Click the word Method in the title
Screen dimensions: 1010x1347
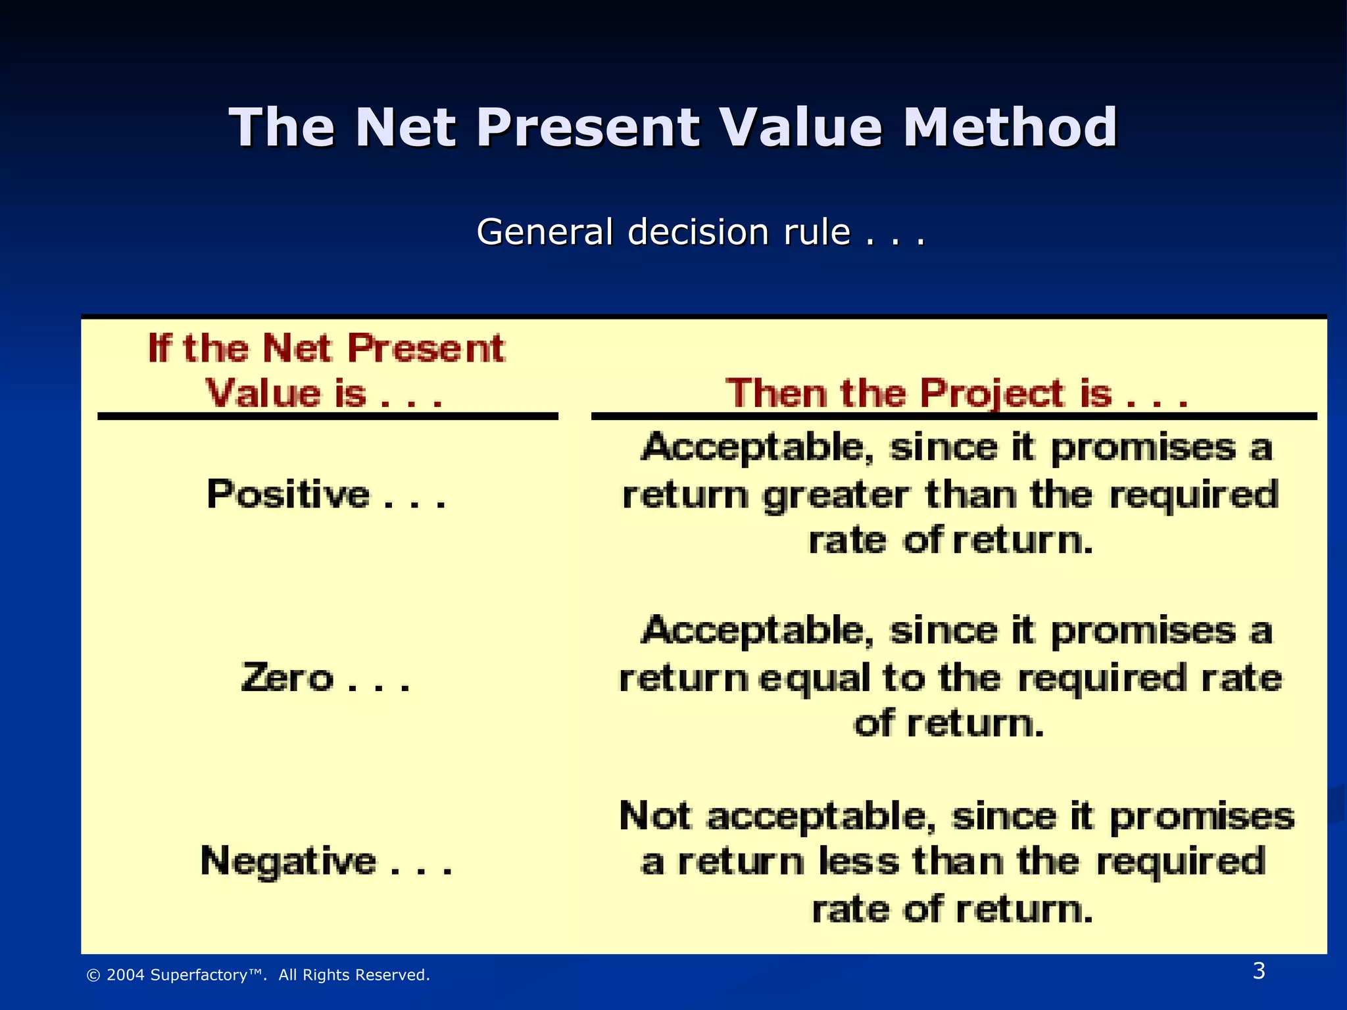coord(1010,127)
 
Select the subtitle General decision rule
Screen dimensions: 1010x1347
coord(700,232)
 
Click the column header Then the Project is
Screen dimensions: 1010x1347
coord(955,393)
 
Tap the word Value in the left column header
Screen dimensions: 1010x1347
coord(263,393)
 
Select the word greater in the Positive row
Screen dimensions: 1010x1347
coord(837,496)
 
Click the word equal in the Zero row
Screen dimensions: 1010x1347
coord(814,679)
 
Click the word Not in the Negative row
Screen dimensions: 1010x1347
coord(654,816)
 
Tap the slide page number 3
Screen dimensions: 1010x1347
coord(1258,971)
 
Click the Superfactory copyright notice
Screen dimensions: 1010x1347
coord(258,975)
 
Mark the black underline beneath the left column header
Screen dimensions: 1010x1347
coord(328,416)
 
